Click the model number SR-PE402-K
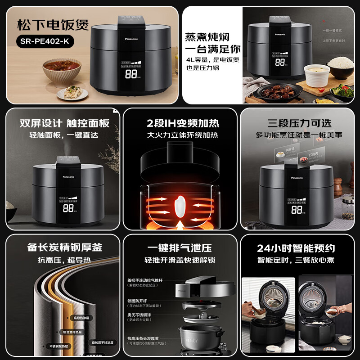click(x=47, y=41)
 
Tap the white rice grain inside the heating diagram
click(x=180, y=202)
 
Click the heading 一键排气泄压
click(x=180, y=247)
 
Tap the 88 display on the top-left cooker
click(x=131, y=74)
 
